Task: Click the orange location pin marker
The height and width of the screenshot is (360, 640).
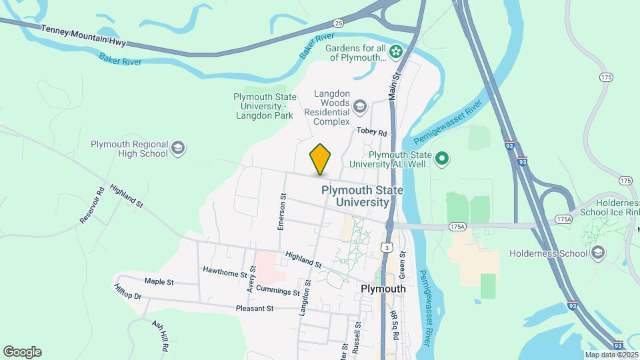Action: click(321, 159)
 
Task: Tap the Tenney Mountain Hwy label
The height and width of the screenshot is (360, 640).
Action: click(83, 37)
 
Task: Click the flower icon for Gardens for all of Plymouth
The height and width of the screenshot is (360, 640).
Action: click(396, 51)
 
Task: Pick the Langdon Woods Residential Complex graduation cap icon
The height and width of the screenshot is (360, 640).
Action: click(360, 106)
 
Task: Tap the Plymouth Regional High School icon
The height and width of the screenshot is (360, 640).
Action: click(177, 148)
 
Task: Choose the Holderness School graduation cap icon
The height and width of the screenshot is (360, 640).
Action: click(598, 253)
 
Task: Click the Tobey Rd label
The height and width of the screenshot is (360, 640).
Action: click(371, 132)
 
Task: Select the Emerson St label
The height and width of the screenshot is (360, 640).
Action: click(283, 211)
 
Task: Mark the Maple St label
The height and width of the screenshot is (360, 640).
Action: click(159, 282)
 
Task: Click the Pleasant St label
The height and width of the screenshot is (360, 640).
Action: click(255, 309)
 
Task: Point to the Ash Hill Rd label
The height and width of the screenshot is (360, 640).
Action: click(159, 335)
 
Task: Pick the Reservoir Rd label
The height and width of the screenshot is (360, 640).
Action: click(93, 205)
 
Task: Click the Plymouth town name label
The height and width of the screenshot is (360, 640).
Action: click(383, 289)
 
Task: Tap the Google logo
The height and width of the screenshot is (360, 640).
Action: click(22, 352)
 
